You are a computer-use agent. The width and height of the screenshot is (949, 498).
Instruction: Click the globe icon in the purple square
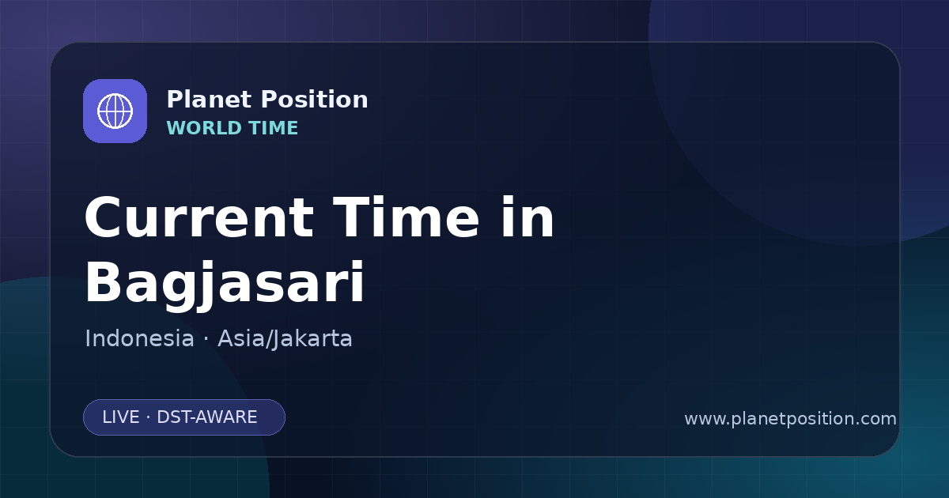click(x=115, y=111)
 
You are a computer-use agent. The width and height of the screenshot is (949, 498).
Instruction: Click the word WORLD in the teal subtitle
click(x=206, y=128)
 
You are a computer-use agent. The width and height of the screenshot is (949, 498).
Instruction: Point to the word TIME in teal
click(x=274, y=128)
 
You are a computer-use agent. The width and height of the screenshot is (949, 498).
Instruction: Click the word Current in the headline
click(x=199, y=217)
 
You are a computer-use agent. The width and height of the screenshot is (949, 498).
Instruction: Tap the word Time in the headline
click(x=406, y=217)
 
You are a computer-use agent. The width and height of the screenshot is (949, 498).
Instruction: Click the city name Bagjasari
click(x=225, y=284)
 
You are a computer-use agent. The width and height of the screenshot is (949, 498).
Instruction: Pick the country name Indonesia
click(x=139, y=338)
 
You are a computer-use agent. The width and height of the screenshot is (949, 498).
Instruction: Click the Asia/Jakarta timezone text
click(x=285, y=338)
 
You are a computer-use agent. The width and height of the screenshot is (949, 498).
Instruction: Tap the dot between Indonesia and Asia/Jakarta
click(x=206, y=339)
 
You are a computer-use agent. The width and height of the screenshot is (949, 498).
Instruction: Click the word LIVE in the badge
click(x=121, y=417)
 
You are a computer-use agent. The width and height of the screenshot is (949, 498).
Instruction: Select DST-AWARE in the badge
click(x=206, y=417)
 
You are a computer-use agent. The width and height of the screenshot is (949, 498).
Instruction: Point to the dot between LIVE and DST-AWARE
click(x=149, y=417)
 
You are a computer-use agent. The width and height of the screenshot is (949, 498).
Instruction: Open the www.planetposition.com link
click(x=790, y=419)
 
